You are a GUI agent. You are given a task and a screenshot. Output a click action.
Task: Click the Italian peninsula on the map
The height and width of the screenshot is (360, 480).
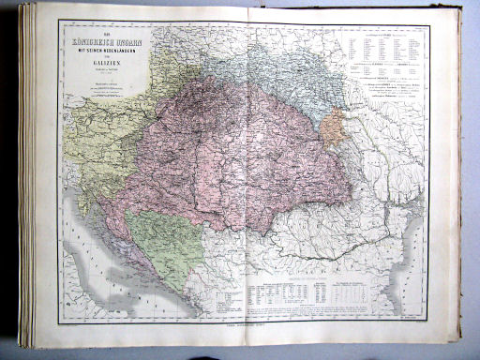point(84,281)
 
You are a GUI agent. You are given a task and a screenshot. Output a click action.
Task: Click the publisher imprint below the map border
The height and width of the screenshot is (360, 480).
point(244,327)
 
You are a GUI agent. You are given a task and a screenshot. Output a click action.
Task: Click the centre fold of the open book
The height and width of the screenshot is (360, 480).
point(246,178)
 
